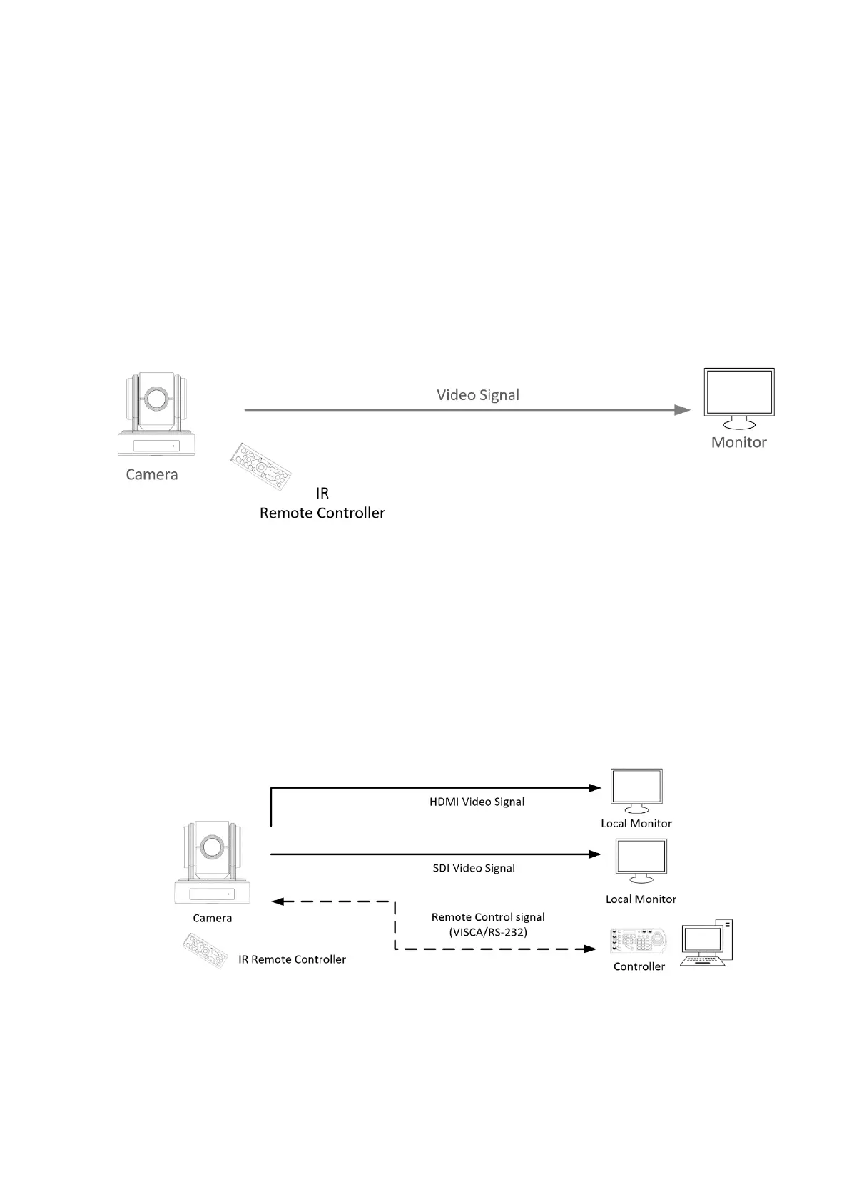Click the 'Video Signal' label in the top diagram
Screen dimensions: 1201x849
click(477, 395)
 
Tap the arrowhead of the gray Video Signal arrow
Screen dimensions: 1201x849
click(683, 410)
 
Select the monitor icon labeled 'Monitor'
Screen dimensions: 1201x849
click(739, 395)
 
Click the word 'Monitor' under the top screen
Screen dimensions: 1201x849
click(738, 442)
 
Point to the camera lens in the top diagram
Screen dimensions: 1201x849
click(154, 398)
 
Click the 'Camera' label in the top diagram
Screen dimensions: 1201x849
click(151, 474)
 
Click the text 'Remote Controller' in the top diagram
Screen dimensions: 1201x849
click(322, 513)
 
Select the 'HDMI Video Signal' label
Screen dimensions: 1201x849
click(477, 802)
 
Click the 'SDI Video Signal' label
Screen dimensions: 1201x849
click(474, 868)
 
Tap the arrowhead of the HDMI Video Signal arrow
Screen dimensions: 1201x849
click(595, 788)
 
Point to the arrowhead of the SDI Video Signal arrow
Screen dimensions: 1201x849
click(595, 854)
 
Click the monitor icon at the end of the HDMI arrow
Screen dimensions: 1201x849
click(636, 790)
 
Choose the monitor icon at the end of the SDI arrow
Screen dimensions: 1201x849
click(641, 861)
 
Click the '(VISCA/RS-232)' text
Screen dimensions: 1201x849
click(488, 931)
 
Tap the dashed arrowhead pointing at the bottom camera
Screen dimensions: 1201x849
click(278, 901)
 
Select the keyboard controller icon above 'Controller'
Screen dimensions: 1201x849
click(639, 941)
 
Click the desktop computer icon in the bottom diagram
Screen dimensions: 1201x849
click(706, 943)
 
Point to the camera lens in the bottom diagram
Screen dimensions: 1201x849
click(210, 846)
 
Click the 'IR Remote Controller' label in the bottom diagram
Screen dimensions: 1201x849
click(292, 959)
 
